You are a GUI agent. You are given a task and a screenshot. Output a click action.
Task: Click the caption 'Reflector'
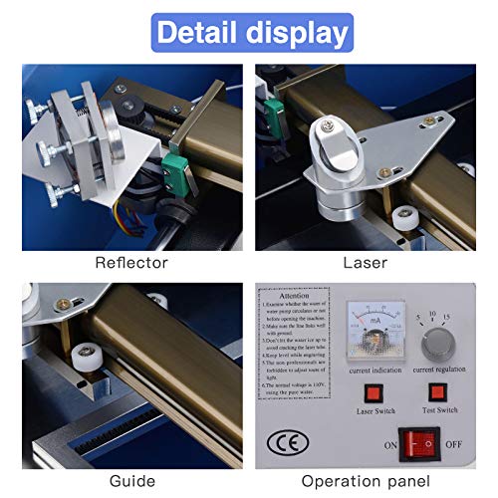131,263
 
